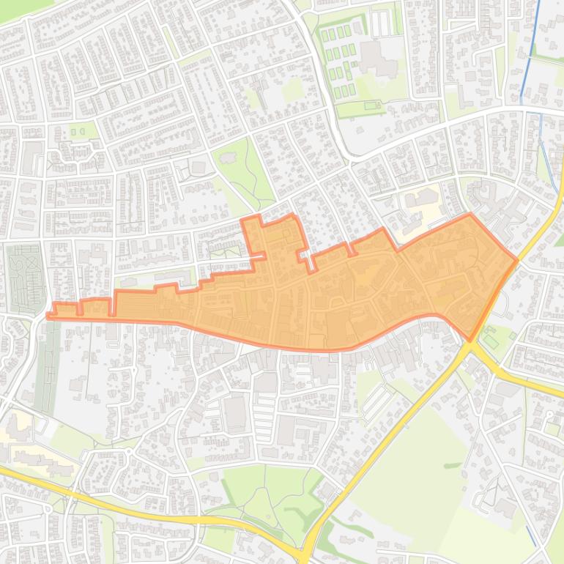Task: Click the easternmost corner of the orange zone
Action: (517, 260)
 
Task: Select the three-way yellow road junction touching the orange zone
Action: (470, 345)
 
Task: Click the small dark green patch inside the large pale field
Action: (452, 465)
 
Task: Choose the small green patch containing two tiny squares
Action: (81, 131)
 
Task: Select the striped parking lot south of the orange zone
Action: (377, 399)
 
